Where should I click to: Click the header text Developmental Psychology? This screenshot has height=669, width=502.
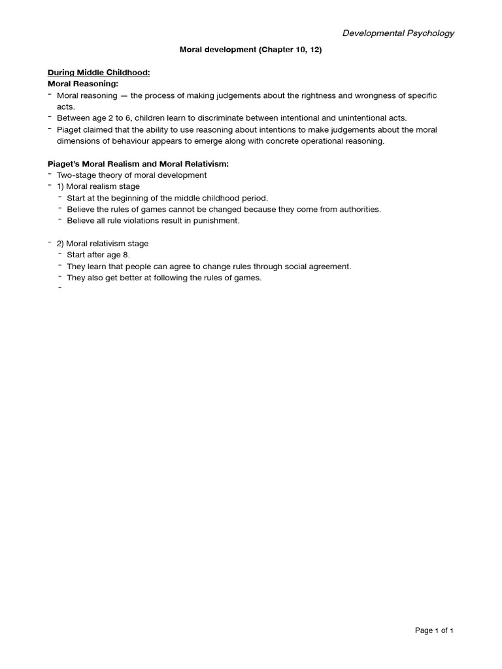pos(398,33)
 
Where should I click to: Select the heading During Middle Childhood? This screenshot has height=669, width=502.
pos(99,73)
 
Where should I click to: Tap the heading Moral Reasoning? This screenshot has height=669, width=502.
pos(83,84)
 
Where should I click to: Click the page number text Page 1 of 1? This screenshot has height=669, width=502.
pos(434,630)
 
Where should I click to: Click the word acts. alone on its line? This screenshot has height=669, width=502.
pos(66,106)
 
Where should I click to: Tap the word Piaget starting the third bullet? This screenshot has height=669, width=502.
pos(70,129)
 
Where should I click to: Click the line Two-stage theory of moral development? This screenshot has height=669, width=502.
pos(132,175)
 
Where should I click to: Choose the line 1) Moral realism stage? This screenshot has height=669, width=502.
pos(98,187)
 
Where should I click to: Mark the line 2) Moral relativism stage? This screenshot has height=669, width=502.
pos(103,244)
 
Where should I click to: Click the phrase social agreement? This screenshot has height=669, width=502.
pos(318,267)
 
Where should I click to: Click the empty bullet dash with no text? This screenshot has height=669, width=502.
pos(59,287)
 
